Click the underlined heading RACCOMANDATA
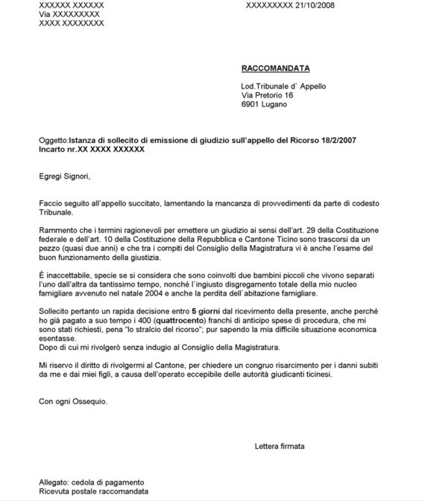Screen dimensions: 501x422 [274, 68]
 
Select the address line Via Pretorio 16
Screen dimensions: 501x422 [268, 96]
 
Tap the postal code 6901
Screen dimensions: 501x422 [251, 105]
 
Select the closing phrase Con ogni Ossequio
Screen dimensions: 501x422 [73, 401]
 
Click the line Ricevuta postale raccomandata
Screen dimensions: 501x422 [93, 492]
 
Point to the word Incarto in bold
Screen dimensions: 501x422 [53, 150]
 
